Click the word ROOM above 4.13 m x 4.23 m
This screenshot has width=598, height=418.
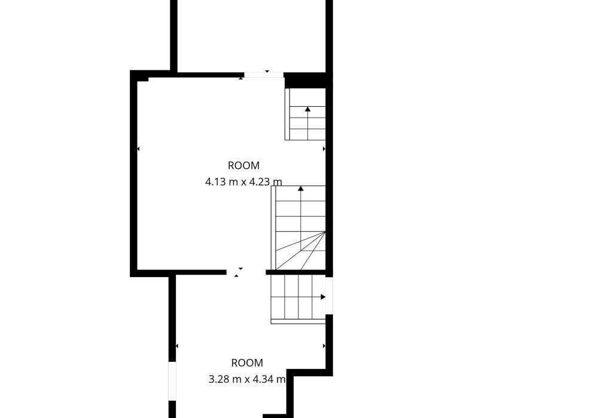click(243, 165)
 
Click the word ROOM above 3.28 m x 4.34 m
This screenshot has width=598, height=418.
click(247, 363)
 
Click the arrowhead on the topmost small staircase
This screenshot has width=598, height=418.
click(308, 109)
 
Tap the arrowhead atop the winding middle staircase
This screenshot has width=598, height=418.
click(301, 188)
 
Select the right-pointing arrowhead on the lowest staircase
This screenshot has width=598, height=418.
click(323, 297)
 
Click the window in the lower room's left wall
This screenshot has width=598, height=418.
click(172, 381)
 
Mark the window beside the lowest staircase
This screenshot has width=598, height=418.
click(329, 296)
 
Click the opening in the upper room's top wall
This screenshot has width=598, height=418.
click(264, 75)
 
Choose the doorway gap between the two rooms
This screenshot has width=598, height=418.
click(246, 272)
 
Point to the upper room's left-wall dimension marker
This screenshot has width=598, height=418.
click(138, 149)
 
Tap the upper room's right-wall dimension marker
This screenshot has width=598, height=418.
click(324, 149)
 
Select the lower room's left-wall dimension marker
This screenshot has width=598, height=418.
click(177, 346)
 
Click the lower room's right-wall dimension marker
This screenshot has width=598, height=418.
click(324, 346)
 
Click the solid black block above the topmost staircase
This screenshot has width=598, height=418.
click(305, 81)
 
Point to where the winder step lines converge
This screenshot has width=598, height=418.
click(325, 232)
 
